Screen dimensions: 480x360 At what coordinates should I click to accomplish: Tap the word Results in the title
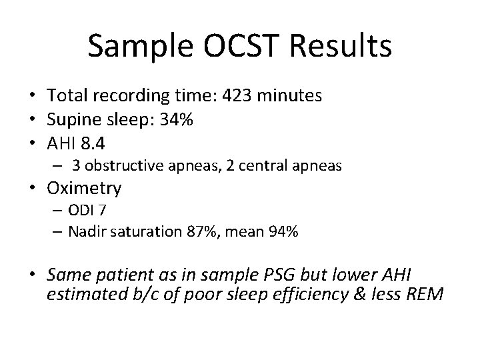(x=341, y=46)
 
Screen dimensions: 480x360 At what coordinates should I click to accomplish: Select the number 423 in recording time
(x=237, y=95)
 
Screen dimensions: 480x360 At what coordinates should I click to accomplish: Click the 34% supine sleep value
(x=176, y=119)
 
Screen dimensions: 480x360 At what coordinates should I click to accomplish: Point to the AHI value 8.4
(x=93, y=143)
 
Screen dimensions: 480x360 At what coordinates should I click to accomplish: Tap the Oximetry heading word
(x=84, y=188)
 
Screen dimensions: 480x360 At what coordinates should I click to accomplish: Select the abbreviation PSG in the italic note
(x=279, y=275)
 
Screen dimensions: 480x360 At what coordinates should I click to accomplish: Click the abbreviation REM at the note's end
(x=425, y=294)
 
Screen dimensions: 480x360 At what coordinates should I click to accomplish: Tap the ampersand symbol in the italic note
(x=360, y=294)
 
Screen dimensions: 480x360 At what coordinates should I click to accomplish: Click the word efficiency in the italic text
(x=311, y=295)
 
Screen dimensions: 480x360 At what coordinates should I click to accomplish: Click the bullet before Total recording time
(x=33, y=95)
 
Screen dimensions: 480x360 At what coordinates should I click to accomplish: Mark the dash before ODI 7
(x=57, y=211)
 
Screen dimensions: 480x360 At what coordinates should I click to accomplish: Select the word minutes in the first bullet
(x=289, y=95)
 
